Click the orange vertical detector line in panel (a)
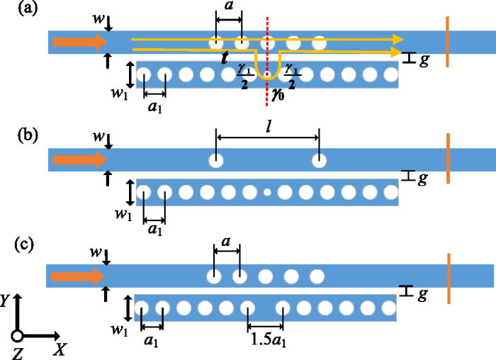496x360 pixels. (447, 42)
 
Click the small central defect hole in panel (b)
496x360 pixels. (266, 192)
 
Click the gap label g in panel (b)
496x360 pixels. (423, 179)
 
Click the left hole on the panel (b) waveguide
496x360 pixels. (215, 160)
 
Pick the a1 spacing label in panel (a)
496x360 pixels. (154, 110)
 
